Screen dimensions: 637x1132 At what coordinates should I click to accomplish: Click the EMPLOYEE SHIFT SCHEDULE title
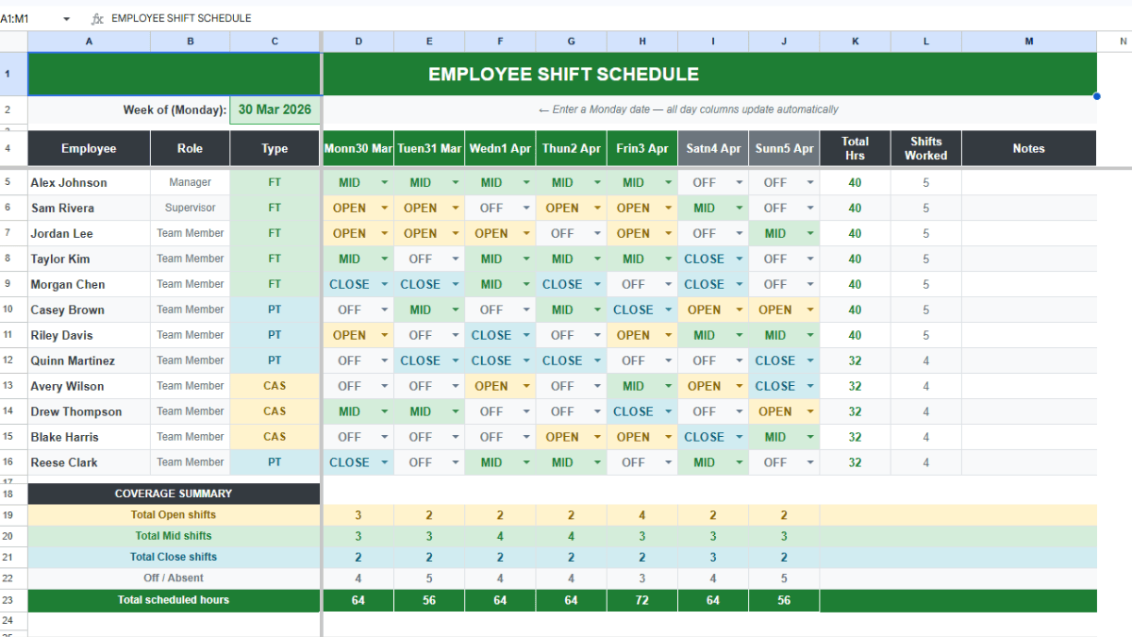click(x=563, y=75)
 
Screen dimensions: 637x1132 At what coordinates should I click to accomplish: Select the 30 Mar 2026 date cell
click(x=275, y=109)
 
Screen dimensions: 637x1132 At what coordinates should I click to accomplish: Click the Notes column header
click(x=1028, y=148)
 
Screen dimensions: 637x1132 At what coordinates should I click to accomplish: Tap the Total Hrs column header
click(x=855, y=148)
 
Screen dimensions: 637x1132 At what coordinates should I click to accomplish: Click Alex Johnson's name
click(x=69, y=183)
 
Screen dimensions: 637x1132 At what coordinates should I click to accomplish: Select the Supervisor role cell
click(x=190, y=208)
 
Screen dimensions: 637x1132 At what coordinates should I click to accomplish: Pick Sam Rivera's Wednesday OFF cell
click(x=491, y=208)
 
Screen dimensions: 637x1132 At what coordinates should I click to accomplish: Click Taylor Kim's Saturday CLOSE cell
click(x=704, y=259)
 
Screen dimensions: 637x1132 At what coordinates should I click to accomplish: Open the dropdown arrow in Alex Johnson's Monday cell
click(x=385, y=183)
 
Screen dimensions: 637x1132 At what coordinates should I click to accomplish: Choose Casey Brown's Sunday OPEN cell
click(x=774, y=310)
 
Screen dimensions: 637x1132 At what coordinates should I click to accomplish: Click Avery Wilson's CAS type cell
click(x=275, y=386)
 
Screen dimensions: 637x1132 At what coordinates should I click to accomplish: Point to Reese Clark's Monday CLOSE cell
click(x=349, y=462)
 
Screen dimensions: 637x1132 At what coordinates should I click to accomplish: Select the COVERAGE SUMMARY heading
click(x=174, y=494)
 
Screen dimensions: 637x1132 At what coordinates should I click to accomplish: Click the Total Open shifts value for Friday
click(x=642, y=515)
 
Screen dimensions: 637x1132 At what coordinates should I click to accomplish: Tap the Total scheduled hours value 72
click(x=642, y=600)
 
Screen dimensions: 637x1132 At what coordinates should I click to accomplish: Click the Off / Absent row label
click(x=174, y=578)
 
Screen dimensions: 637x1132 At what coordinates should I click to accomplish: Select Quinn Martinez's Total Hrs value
click(x=855, y=360)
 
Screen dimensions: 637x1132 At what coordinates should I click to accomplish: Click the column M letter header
click(x=1028, y=42)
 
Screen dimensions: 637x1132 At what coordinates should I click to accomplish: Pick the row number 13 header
click(x=8, y=386)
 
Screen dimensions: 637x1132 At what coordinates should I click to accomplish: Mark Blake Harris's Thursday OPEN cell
click(x=562, y=437)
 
